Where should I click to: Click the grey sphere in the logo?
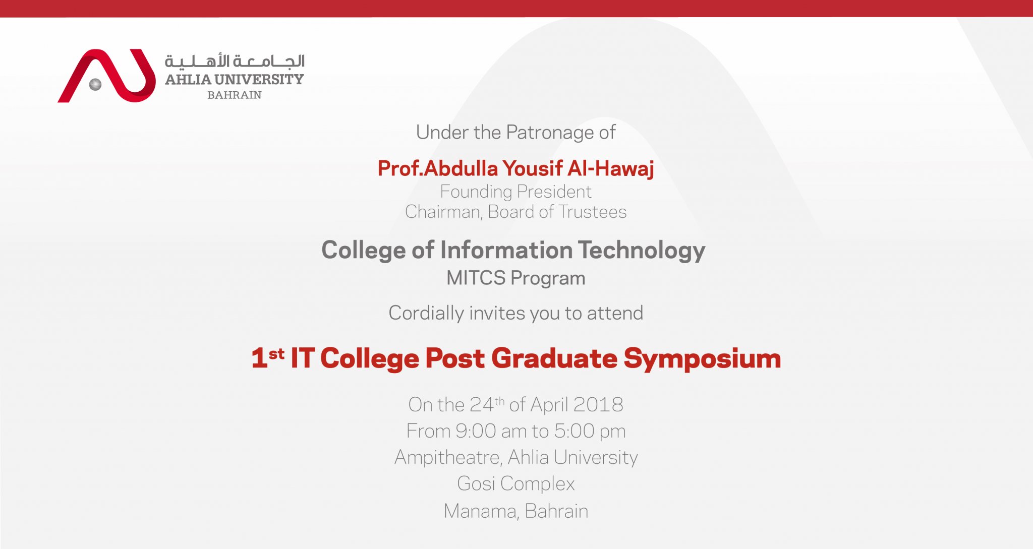click(95, 84)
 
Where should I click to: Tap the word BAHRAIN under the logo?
click(235, 95)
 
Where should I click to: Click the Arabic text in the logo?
click(235, 62)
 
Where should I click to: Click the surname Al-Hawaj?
click(611, 168)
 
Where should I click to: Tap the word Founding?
click(476, 192)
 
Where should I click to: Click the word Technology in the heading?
click(642, 251)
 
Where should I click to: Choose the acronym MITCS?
click(476, 278)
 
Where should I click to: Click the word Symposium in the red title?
click(703, 359)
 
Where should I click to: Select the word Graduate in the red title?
click(554, 358)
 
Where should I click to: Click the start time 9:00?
click(476, 431)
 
